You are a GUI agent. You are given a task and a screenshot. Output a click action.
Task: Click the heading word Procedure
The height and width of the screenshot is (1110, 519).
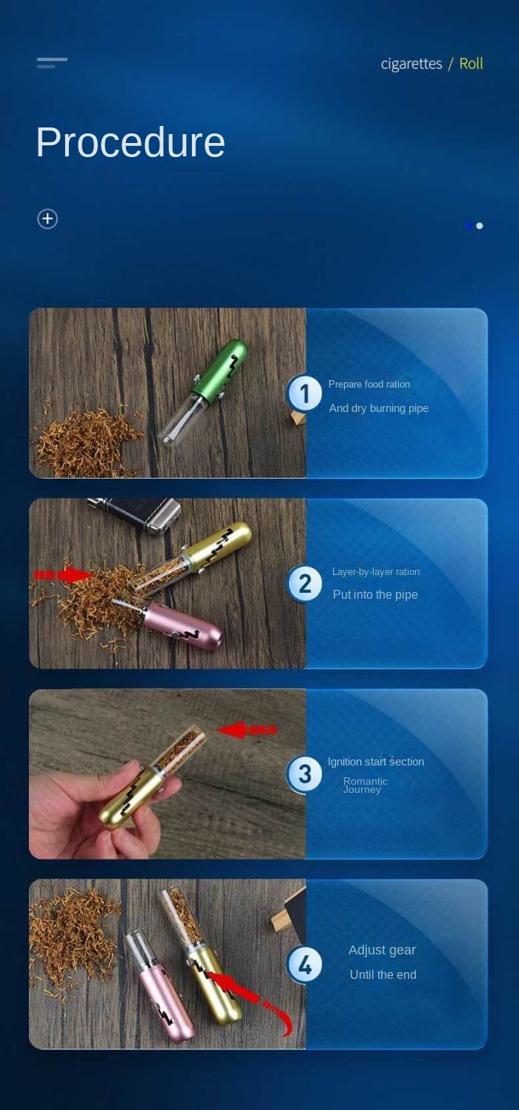click(130, 142)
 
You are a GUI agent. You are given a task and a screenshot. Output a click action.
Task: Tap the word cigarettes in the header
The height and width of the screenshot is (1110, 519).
click(411, 64)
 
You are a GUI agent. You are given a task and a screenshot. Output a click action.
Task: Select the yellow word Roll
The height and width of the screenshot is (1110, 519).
click(471, 64)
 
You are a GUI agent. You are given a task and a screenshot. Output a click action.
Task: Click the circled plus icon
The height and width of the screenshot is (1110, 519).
click(47, 219)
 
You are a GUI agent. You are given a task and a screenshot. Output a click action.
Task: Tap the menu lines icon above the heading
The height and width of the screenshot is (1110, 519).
click(52, 62)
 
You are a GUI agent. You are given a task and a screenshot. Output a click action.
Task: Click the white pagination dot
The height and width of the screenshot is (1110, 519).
click(480, 225)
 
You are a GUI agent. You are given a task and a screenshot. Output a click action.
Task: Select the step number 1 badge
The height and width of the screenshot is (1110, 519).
click(305, 393)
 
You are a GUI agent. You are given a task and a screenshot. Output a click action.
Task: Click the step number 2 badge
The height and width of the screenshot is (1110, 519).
click(305, 583)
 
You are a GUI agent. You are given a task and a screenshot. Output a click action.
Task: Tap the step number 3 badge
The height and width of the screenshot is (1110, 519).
click(305, 774)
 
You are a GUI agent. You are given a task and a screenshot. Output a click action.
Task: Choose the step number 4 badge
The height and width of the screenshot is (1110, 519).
click(305, 964)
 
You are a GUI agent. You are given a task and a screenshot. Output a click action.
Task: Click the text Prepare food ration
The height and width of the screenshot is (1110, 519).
click(368, 384)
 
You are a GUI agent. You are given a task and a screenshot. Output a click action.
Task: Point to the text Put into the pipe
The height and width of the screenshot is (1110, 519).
click(375, 594)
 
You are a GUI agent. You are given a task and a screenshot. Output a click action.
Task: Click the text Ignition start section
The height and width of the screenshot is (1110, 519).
click(376, 762)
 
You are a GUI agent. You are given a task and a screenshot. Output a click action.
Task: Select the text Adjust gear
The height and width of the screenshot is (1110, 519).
click(382, 950)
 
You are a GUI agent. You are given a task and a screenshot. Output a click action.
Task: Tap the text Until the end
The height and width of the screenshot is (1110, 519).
click(383, 974)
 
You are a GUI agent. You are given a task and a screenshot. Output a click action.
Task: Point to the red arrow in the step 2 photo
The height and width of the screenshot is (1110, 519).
click(63, 575)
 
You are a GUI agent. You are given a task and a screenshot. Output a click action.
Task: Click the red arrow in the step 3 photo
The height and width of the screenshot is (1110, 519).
click(246, 729)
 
